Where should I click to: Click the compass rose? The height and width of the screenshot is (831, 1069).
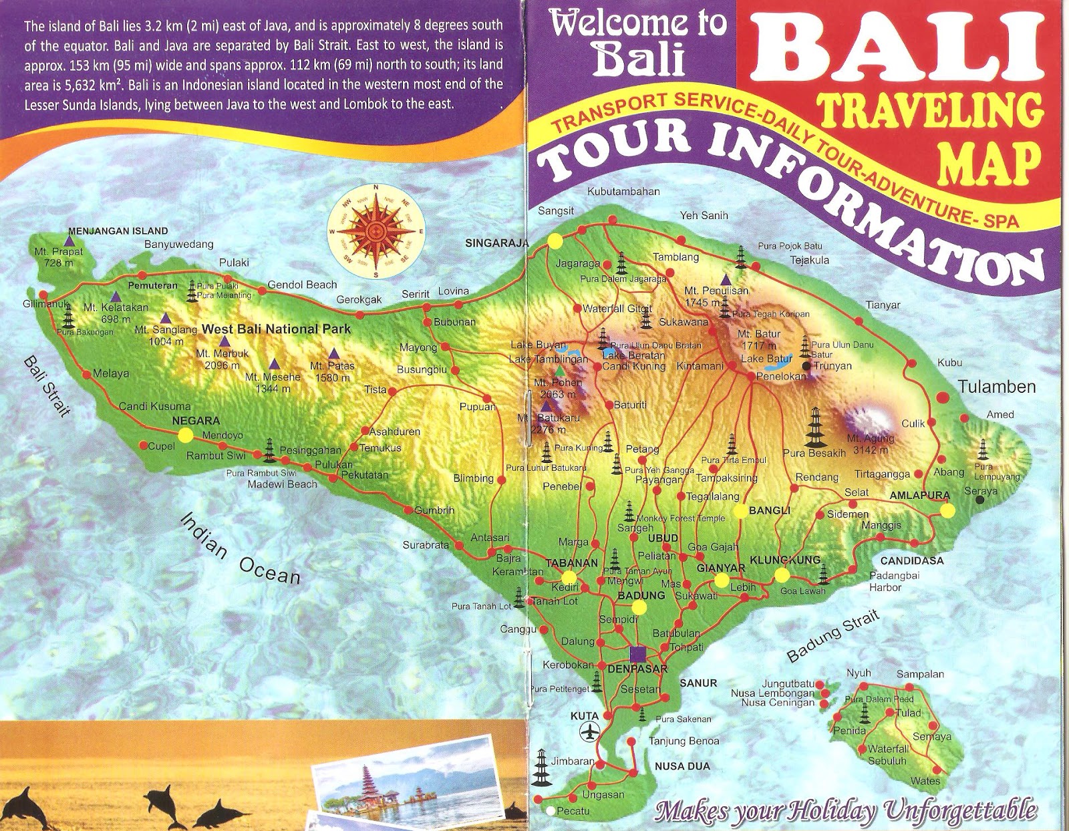376,231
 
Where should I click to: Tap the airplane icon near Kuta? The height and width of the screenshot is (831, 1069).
589,732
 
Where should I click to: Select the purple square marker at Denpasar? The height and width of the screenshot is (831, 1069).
638,653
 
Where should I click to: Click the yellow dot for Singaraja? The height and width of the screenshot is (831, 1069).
555,241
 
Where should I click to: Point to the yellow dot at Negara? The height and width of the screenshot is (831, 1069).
185,435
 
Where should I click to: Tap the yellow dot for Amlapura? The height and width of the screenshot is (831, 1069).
947,510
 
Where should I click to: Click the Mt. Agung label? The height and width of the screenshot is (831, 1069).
871,444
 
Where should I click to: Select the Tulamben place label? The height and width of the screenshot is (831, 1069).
996,387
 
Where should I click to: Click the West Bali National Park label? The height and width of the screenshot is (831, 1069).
276,329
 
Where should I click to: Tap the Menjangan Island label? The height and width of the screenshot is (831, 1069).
118,231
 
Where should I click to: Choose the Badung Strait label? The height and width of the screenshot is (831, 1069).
832,635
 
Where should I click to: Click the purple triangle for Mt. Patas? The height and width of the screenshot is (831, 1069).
333,353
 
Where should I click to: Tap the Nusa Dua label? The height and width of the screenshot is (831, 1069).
682,766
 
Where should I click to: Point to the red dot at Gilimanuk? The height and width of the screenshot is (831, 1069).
43,295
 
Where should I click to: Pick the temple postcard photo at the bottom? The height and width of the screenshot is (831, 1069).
408,782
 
